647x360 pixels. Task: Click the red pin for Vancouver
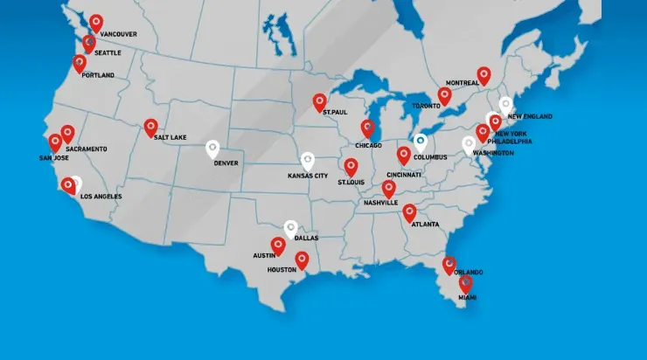pos(95,22)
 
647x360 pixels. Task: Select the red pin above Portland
pos(80,62)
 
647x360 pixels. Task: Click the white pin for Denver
pos(212,149)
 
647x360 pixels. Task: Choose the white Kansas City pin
pos(307,161)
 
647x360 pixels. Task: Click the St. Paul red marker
pos(319,101)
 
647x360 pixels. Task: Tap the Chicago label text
pos(368,145)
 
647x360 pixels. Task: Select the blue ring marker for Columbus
pos(421,139)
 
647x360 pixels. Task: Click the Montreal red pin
pos(484,75)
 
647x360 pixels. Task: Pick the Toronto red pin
pos(444,94)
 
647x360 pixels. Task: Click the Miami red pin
pos(465,283)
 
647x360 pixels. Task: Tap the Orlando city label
pos(468,272)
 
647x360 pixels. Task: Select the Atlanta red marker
pos(409,211)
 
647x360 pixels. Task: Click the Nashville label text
pos(380,203)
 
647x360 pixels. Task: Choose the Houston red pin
pos(302,259)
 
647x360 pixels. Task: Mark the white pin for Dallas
pos(290,228)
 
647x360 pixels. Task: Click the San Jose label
pos(54,158)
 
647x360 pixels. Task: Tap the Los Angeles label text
pos(101,197)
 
